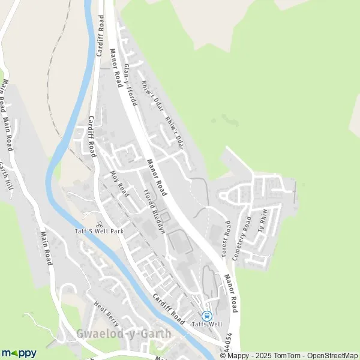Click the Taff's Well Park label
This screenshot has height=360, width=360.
pos(94,231)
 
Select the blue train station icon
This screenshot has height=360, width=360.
pos(207,316)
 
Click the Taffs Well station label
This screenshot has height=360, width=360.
pos(206,325)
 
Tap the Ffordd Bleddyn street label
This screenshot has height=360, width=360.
pos(153,212)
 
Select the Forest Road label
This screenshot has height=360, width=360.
pos(226,239)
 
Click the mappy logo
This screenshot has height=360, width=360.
pos(19,353)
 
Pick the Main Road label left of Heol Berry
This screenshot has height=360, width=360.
pos(46,248)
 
